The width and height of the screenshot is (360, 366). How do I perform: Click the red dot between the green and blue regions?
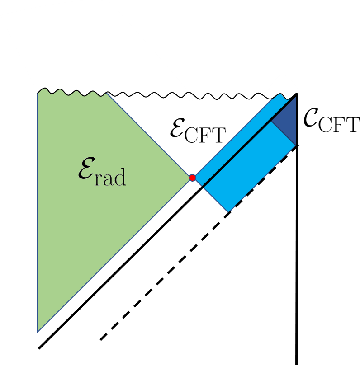[192, 178]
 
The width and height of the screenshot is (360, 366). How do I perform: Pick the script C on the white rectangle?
[311, 117]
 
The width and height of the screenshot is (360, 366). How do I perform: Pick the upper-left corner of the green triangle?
[38, 93]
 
